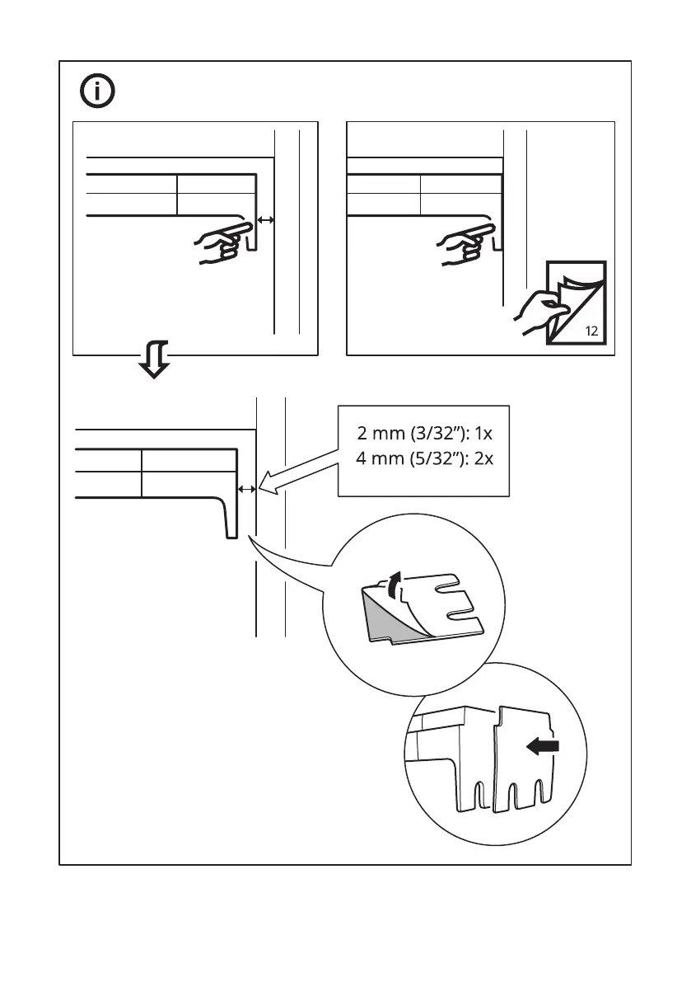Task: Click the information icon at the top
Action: (x=98, y=92)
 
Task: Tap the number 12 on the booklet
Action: (x=591, y=331)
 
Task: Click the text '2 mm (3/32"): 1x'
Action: (x=424, y=435)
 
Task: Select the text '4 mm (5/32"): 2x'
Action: (x=424, y=458)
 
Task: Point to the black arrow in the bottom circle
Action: (x=543, y=746)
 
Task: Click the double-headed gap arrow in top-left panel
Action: (x=265, y=219)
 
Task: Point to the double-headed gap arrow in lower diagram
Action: (x=246, y=490)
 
